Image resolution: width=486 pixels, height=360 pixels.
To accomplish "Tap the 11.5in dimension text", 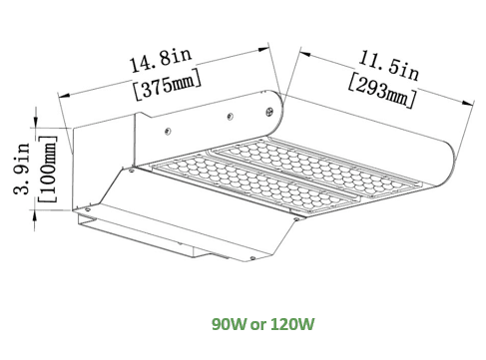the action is click(388, 66).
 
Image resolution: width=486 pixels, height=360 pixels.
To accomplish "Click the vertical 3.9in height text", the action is click(22, 169).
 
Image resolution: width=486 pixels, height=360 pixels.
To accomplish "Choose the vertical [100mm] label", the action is click(48, 169).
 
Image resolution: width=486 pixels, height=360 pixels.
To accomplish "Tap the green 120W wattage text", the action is click(291, 324).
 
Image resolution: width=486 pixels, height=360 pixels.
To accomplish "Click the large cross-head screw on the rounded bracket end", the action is click(269, 111).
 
